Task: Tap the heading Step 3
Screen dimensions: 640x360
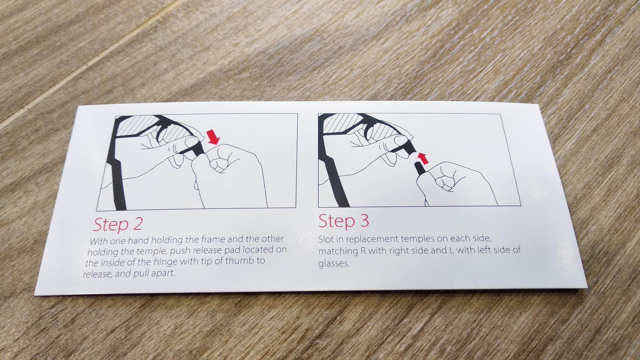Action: (x=344, y=221)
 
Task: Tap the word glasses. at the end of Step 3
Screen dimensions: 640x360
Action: (x=334, y=264)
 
